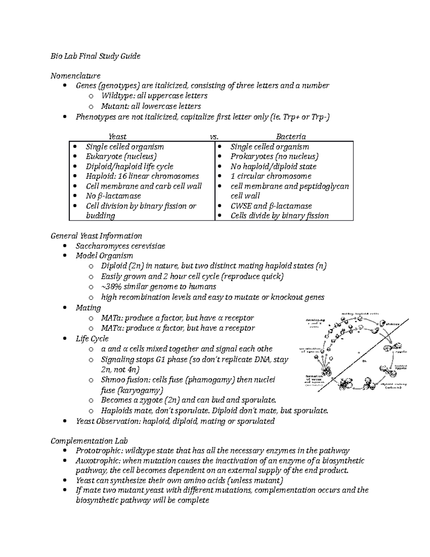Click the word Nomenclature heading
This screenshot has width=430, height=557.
(75, 76)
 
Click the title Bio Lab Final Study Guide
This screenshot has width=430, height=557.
(95, 56)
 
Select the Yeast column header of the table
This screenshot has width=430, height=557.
(118, 136)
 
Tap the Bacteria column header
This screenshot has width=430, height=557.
(291, 136)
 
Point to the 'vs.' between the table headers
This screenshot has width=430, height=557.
(214, 137)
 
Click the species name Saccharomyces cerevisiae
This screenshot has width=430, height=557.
(120, 246)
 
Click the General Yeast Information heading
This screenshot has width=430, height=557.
(96, 236)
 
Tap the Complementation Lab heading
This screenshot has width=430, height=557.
(89, 441)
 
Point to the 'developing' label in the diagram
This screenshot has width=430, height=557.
(315, 319)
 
